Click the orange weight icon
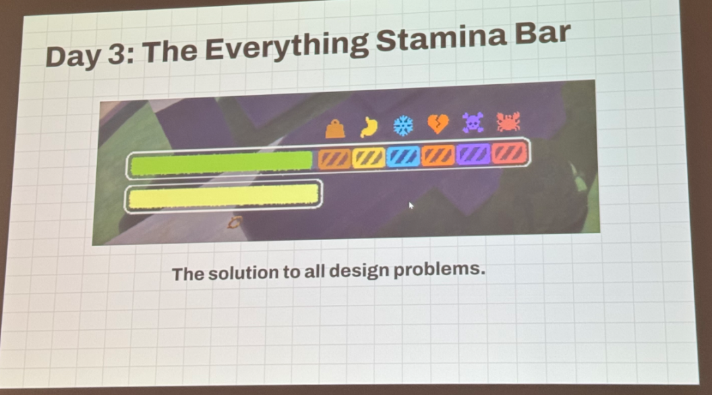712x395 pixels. click(x=335, y=129)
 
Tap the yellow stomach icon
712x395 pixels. click(x=369, y=127)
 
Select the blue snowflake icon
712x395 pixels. click(x=403, y=125)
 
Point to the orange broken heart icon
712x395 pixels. click(x=438, y=124)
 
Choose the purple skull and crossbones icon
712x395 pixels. click(x=473, y=122)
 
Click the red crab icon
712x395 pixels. click(x=508, y=122)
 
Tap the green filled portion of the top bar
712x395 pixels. click(x=222, y=163)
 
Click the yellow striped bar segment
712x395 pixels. click(x=369, y=158)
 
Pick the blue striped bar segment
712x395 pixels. click(x=403, y=157)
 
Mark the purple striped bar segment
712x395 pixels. click(x=473, y=154)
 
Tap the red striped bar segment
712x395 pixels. click(x=509, y=153)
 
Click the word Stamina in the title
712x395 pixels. click(x=441, y=39)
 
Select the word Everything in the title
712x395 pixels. click(x=287, y=47)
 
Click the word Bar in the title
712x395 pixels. click(x=542, y=33)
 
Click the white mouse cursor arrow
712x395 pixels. click(x=411, y=205)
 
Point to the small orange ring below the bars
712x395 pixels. click(x=234, y=223)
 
